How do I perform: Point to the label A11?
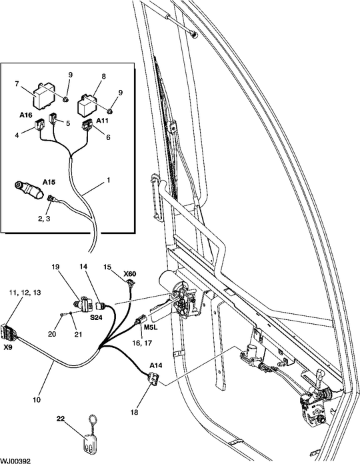coord(102,121)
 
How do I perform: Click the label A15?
coord(49,181)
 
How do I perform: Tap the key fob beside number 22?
coord(87,441)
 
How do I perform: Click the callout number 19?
coord(57,268)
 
